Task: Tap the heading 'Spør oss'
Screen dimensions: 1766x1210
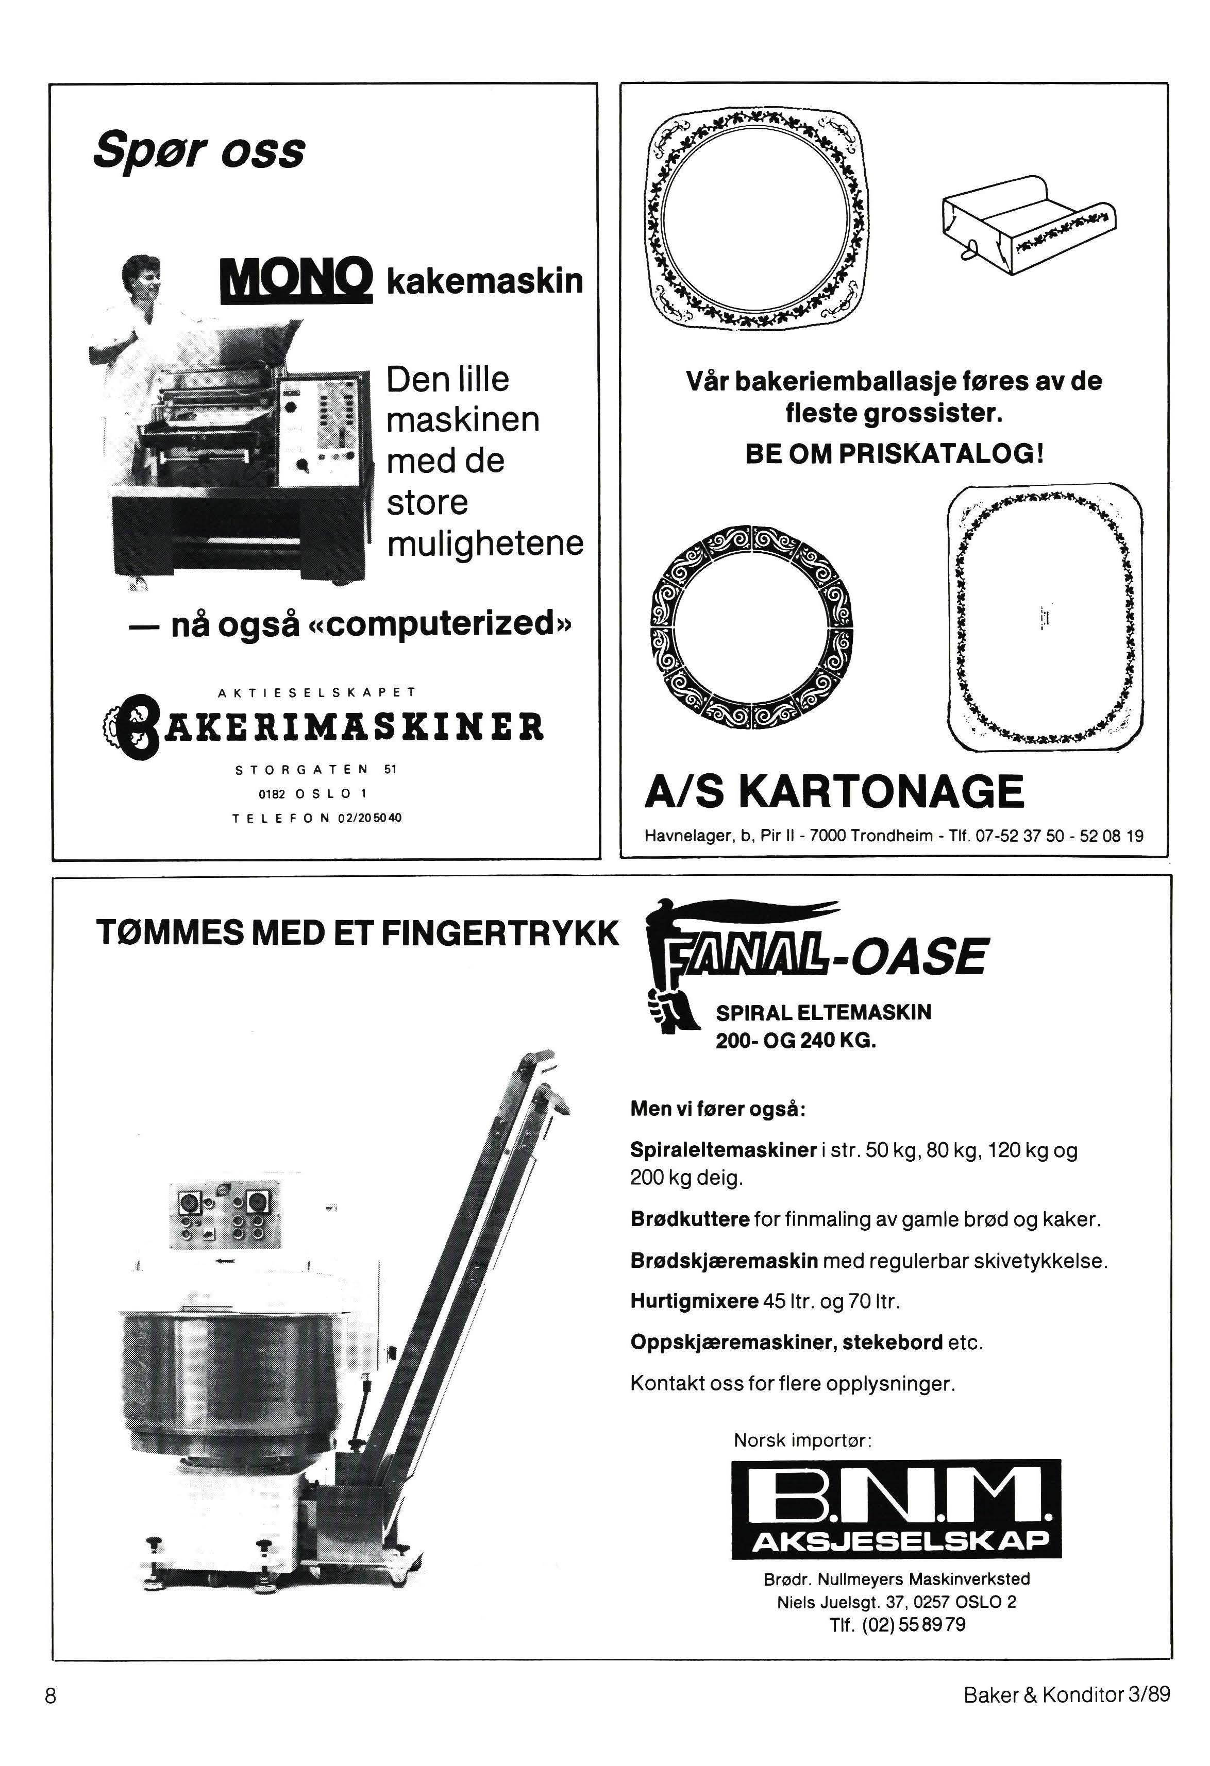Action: [x=199, y=150]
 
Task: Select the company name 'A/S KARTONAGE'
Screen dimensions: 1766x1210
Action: [x=834, y=791]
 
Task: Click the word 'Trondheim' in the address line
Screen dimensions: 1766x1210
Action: [x=891, y=837]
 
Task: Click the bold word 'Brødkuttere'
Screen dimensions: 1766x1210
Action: [x=690, y=1219]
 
